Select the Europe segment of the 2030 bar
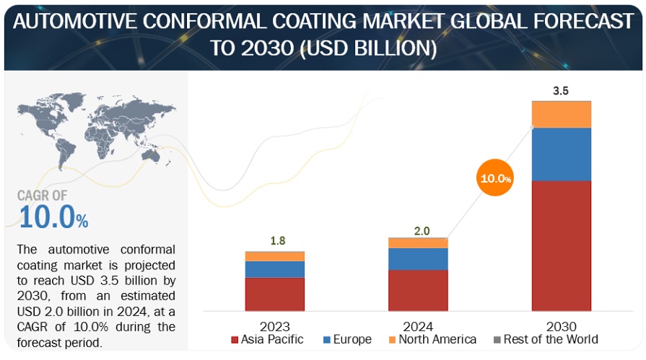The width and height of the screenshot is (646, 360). (562, 154)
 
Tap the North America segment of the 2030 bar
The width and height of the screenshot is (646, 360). (562, 114)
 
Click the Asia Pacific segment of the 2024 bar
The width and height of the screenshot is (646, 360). (418, 290)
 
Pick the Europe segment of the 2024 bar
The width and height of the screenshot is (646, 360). (418, 258)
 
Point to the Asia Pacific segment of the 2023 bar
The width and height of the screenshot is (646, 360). (274, 294)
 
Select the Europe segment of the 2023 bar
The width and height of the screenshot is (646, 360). (274, 269)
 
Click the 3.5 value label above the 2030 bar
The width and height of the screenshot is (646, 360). (561, 92)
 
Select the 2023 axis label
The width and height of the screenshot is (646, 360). (276, 326)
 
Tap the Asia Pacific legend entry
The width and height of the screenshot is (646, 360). (267, 339)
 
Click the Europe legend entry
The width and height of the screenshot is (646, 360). (346, 339)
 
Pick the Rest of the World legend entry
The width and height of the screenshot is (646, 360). (545, 339)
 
